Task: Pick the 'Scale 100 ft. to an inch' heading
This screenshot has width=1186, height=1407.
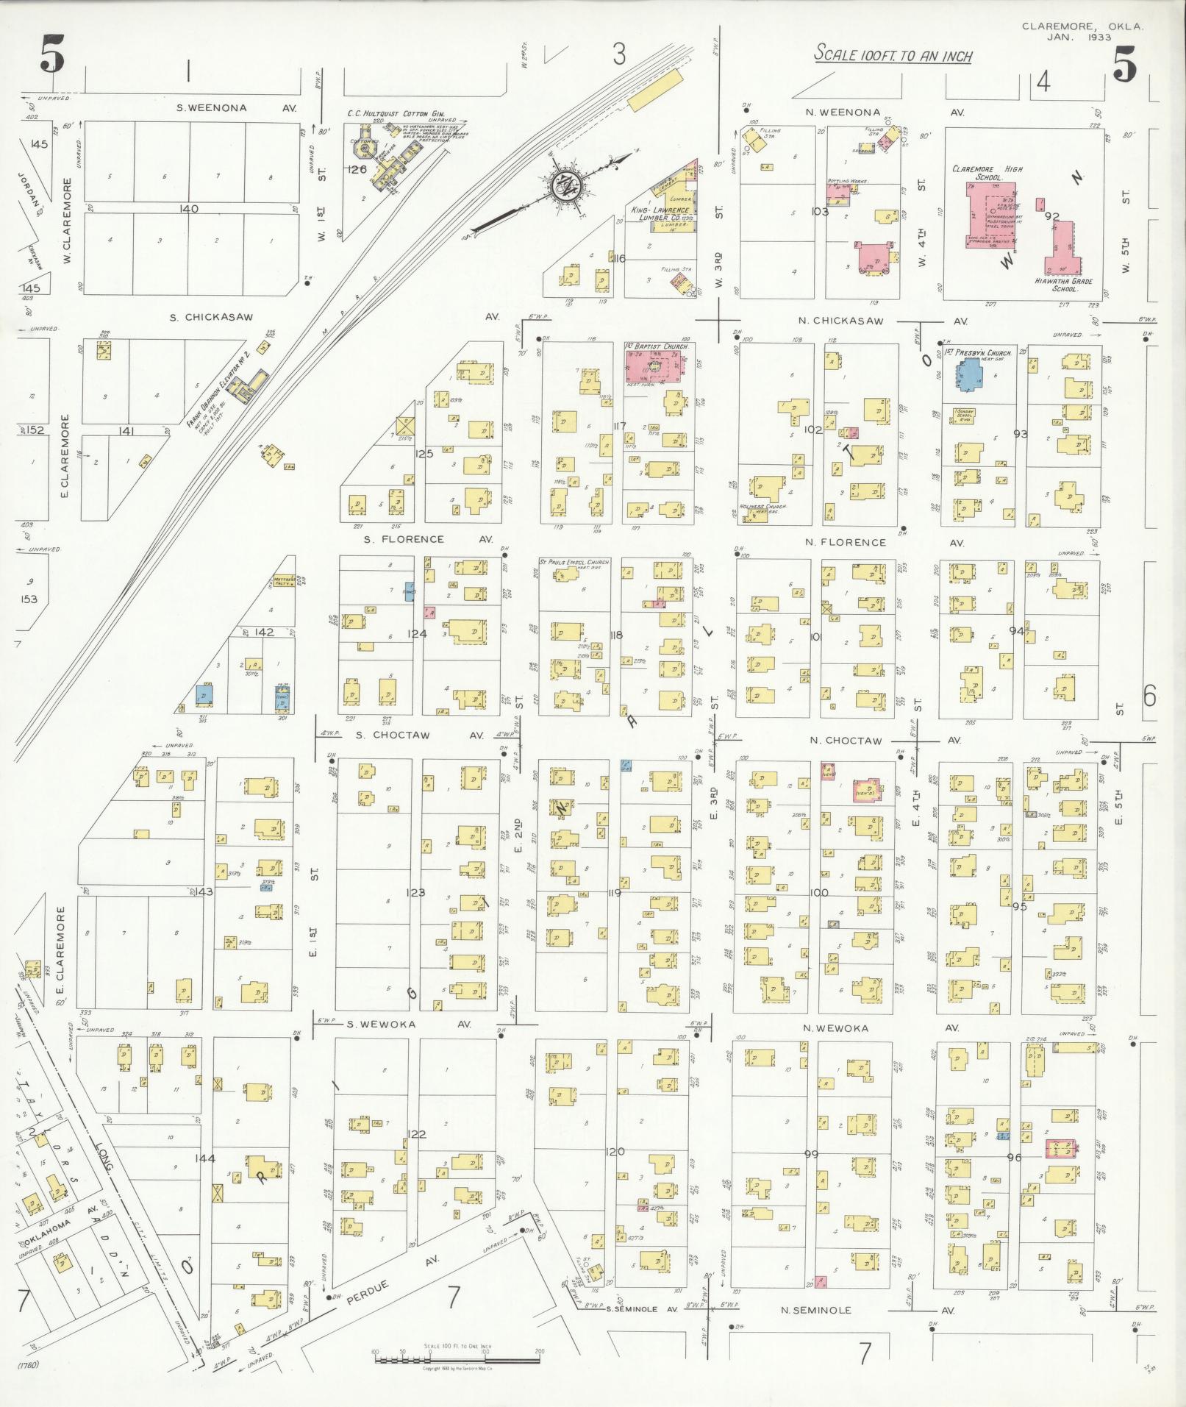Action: pyautogui.click(x=893, y=55)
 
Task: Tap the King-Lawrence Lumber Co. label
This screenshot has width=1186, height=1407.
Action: pyautogui.click(x=660, y=214)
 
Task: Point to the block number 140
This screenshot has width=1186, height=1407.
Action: pyautogui.click(x=189, y=209)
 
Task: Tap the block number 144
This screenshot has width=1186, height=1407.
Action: pyautogui.click(x=205, y=1158)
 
